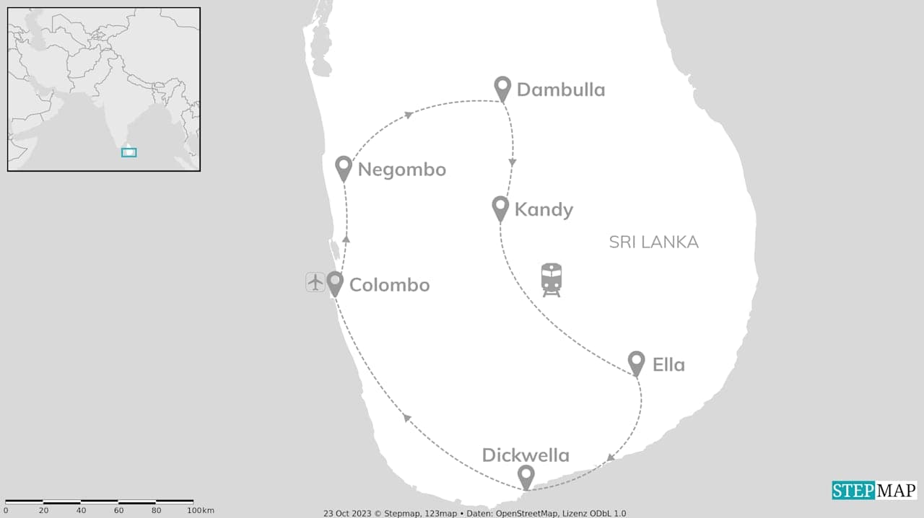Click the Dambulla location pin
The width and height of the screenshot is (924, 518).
click(x=502, y=87)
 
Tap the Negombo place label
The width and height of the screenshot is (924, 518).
click(x=401, y=170)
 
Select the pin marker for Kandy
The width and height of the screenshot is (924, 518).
click(x=500, y=207)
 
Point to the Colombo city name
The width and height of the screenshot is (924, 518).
click(x=389, y=285)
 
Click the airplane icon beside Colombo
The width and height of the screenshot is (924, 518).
click(x=315, y=282)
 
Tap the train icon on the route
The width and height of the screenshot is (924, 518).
click(x=552, y=279)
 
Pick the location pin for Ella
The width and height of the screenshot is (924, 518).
click(x=636, y=362)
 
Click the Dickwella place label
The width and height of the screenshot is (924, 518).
click(x=526, y=455)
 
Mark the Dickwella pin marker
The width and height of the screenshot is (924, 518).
click(x=526, y=475)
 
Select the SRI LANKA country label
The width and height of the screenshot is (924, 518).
click(x=653, y=242)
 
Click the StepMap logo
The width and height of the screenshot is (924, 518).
click(x=874, y=491)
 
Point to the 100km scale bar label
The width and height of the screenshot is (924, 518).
click(x=200, y=511)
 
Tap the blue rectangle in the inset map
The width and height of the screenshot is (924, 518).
click(x=128, y=152)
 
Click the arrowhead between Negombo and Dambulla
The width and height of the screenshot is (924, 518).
click(x=409, y=115)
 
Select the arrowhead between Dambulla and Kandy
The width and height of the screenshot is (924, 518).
click(x=513, y=163)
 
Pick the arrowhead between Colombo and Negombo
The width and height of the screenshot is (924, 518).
click(x=346, y=238)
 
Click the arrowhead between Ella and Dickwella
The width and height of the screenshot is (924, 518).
click(x=611, y=457)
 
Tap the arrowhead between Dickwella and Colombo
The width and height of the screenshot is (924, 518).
click(x=407, y=417)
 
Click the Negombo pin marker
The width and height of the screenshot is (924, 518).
click(x=344, y=167)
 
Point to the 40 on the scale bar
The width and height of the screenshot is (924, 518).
click(x=81, y=511)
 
